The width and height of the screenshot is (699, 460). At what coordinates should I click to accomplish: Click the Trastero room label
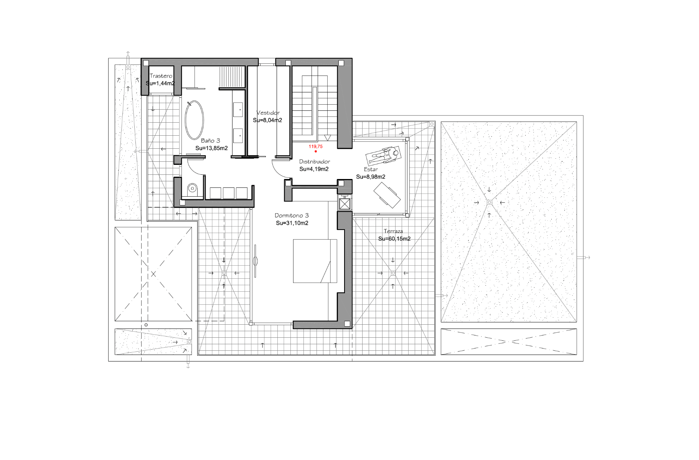161,76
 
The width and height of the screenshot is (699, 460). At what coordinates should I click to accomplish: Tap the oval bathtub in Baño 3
195,120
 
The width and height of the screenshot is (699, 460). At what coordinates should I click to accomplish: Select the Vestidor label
268,113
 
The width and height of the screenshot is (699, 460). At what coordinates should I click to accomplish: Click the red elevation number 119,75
316,146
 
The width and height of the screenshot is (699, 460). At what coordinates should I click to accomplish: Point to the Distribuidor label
315,162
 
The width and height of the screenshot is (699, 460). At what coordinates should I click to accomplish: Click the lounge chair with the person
383,155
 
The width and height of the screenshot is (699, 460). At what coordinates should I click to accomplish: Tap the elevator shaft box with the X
345,204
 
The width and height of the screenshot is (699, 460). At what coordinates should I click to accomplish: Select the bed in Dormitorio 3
315,261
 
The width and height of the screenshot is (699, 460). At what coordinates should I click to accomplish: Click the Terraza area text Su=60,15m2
394,239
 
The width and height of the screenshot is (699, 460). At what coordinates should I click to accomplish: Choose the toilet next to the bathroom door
192,188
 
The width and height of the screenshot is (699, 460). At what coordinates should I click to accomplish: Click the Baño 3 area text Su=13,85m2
211,148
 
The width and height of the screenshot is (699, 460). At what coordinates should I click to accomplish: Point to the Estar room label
371,169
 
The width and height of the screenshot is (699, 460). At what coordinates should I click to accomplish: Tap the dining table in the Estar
387,195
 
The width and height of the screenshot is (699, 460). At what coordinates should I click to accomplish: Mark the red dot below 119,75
316,151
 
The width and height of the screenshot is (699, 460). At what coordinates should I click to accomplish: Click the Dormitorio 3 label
292,215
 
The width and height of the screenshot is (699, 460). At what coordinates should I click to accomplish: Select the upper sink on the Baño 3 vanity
237,110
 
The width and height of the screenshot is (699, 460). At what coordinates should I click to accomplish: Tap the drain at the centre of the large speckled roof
489,202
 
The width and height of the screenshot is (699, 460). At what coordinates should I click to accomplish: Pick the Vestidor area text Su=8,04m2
268,120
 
